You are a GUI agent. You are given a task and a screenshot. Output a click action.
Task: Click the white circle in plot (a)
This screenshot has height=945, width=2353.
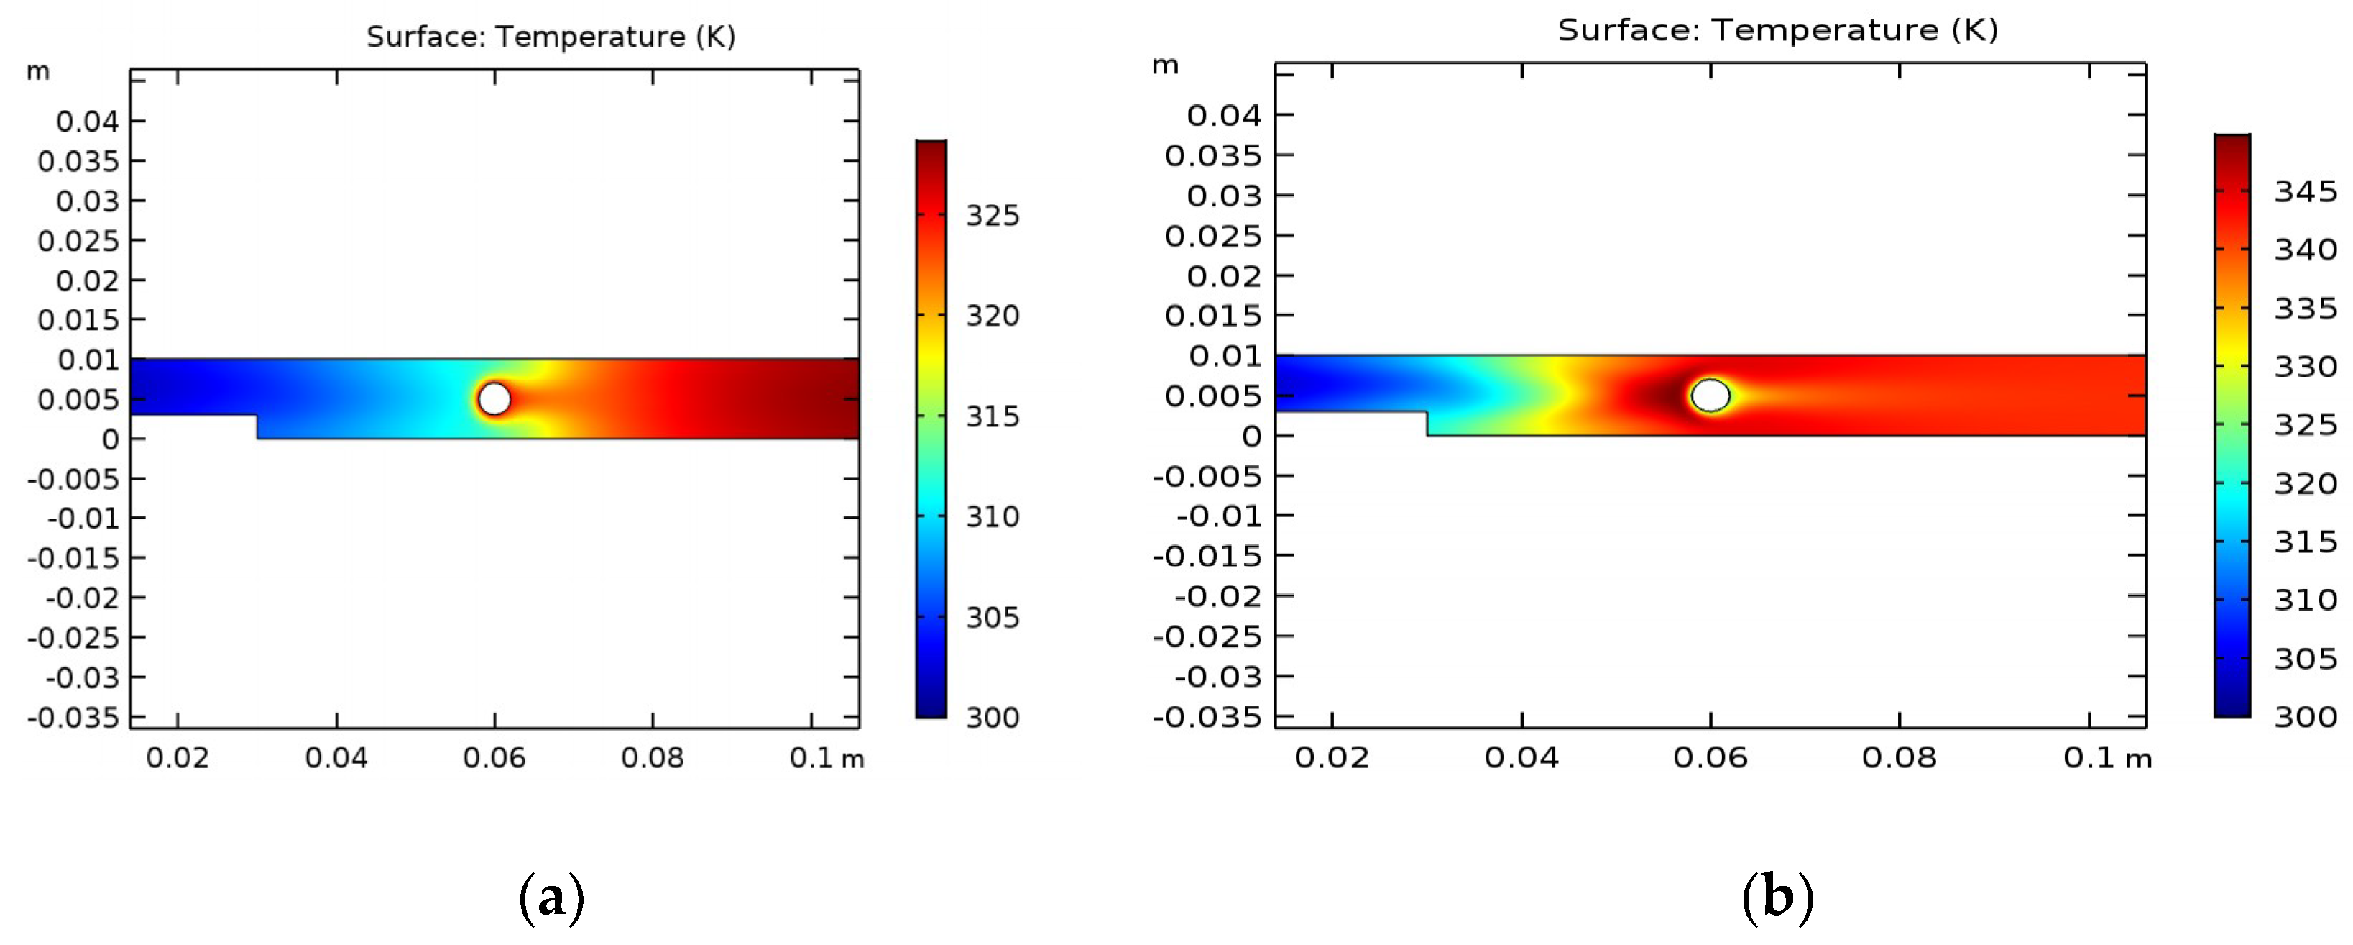pyautogui.click(x=494, y=398)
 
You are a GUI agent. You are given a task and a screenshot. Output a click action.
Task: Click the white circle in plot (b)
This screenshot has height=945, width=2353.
pyautogui.click(x=1710, y=396)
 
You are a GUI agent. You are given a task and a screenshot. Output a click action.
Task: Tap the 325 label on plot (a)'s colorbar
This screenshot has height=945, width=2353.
pyautogui.click(x=992, y=216)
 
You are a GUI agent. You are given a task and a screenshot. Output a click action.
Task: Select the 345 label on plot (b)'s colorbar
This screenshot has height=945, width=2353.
pyautogui.click(x=2305, y=192)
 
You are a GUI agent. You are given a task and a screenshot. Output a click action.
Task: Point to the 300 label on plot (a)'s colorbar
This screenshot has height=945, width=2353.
pyautogui.click(x=992, y=718)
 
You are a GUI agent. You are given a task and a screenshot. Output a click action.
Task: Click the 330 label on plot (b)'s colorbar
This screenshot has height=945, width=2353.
pyautogui.click(x=2305, y=367)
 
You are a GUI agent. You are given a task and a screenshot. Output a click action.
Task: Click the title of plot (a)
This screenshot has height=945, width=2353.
pyautogui.click(x=551, y=37)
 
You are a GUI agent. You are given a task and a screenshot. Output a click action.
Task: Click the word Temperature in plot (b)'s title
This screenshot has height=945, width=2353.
pyautogui.click(x=1824, y=30)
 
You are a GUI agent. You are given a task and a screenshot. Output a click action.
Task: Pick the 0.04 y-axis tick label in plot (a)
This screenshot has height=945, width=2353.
pyautogui.click(x=87, y=122)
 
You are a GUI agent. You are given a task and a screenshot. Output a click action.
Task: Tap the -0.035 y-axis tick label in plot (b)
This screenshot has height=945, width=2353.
pyautogui.click(x=1206, y=716)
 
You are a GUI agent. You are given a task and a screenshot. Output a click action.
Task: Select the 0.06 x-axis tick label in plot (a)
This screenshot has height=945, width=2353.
pyautogui.click(x=494, y=757)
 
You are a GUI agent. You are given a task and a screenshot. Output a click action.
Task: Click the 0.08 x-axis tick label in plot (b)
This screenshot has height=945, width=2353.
pyautogui.click(x=1899, y=757)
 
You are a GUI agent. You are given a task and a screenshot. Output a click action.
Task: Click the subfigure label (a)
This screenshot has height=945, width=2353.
pyautogui.click(x=551, y=898)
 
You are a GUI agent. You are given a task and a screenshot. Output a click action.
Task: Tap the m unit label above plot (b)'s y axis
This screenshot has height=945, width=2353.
pyautogui.click(x=1164, y=65)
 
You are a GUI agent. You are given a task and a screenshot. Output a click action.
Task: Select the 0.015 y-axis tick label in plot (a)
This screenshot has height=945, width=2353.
pyautogui.click(x=78, y=320)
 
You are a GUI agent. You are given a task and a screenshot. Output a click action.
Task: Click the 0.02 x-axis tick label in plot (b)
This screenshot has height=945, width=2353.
pyautogui.click(x=1331, y=757)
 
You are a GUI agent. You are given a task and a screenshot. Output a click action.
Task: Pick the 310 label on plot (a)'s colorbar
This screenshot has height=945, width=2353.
pyautogui.click(x=992, y=517)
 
